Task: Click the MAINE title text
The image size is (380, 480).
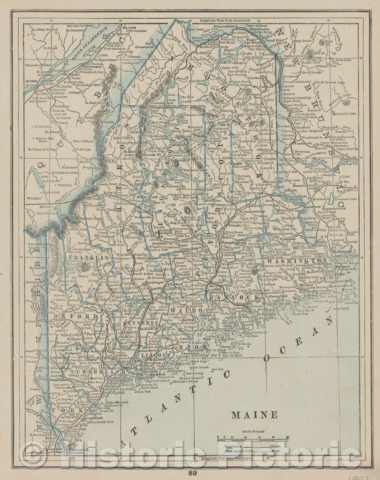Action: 254,415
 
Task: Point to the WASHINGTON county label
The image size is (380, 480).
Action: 292,262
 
